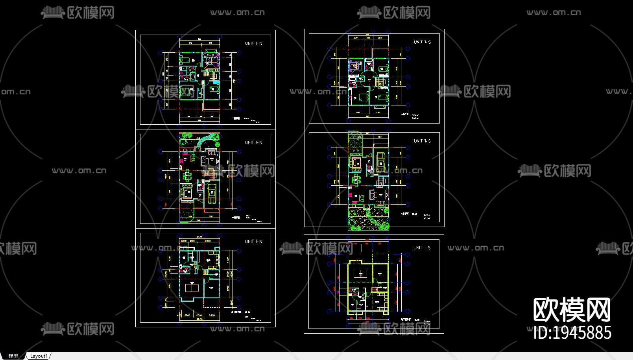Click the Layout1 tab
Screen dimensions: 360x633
[39, 356]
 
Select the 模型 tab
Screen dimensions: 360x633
[13, 356]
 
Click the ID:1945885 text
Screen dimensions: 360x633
[572, 333]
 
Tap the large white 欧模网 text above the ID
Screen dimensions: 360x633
[572, 310]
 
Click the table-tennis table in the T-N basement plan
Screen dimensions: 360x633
[192, 288]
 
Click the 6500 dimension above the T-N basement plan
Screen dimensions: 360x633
[199, 237]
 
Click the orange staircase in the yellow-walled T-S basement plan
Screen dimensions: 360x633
[374, 290]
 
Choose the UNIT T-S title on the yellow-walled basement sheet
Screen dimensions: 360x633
[422, 248]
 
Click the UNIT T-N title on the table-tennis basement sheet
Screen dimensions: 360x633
[253, 242]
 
